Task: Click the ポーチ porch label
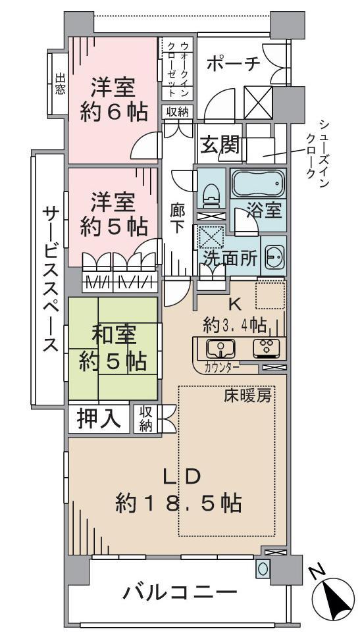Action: pyautogui.click(x=233, y=63)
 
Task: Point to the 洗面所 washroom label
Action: pyautogui.click(x=230, y=258)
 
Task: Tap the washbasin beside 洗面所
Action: pyautogui.click(x=273, y=257)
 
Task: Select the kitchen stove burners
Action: pyautogui.click(x=267, y=347)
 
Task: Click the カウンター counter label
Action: pyautogui.click(x=222, y=367)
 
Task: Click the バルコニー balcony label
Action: pyautogui.click(x=180, y=594)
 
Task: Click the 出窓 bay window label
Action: pyautogui.click(x=60, y=84)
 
